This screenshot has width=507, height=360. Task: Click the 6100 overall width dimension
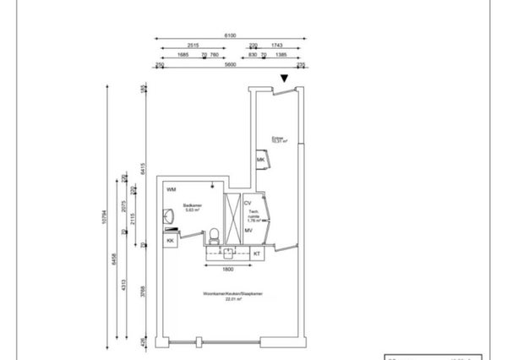coord(230,35)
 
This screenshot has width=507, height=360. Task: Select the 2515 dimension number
coord(194,46)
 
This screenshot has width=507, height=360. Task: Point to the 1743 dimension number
coord(277,46)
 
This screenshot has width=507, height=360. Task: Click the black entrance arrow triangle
coord(285,79)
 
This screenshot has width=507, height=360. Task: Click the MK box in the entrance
coord(261,159)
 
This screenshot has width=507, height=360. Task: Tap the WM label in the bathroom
coord(172,189)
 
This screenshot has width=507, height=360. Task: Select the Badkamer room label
coord(191,208)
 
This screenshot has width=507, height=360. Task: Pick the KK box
coord(170,242)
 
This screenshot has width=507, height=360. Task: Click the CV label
coord(248,204)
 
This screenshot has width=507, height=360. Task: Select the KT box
coord(257,253)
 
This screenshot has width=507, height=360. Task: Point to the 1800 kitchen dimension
coord(227,270)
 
